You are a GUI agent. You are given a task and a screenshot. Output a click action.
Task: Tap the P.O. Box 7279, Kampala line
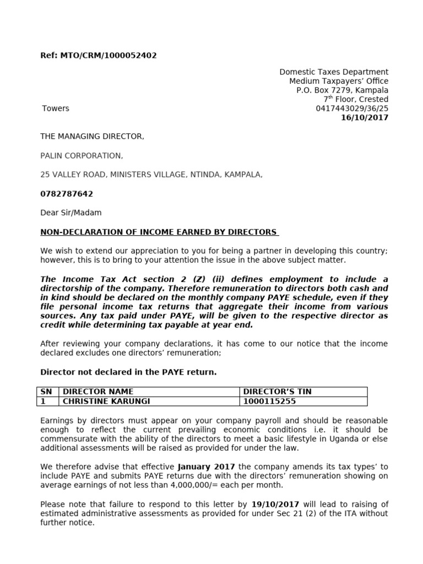339,90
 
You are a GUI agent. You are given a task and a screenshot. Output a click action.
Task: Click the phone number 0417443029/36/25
351,109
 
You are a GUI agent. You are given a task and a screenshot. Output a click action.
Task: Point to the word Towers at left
56,109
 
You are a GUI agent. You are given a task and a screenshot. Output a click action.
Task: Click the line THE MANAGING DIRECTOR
92,137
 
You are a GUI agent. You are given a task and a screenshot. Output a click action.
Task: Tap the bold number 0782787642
67,194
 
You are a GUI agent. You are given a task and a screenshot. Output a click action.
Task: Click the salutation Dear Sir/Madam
71,213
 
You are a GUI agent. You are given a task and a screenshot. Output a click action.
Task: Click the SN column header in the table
46,392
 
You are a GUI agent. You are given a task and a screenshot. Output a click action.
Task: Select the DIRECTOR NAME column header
98,392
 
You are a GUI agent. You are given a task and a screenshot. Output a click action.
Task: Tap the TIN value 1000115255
270,402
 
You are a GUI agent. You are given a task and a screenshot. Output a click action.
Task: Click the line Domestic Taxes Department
334,72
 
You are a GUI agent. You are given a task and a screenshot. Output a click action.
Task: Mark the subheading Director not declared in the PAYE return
128,372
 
